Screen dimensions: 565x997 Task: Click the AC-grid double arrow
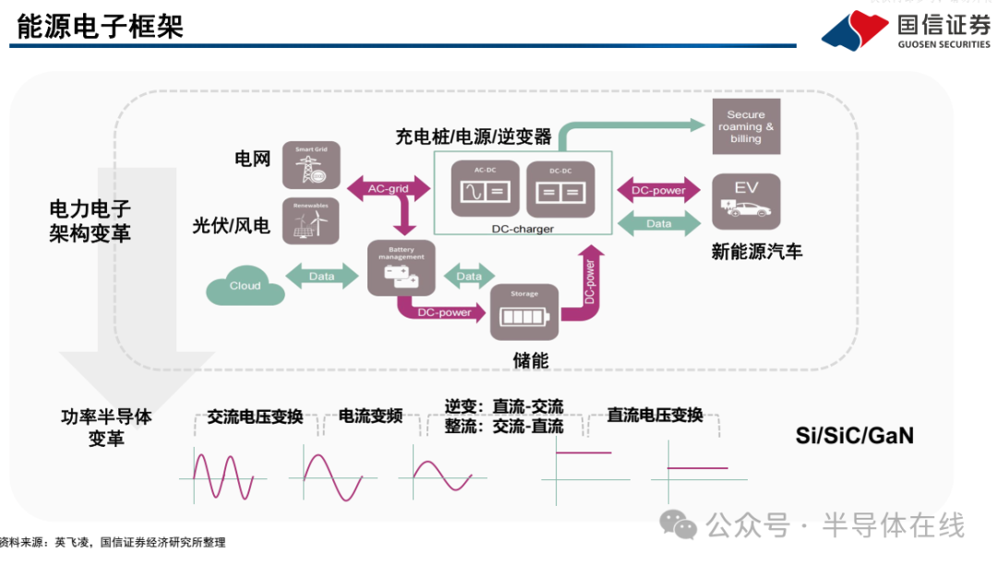(388, 189)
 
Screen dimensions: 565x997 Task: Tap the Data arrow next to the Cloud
(322, 276)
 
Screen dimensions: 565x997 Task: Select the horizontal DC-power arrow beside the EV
(657, 190)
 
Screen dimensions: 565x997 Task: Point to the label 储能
(531, 360)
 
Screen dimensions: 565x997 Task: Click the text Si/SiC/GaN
(854, 435)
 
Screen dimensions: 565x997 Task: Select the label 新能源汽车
(757, 251)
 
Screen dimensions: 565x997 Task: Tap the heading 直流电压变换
(655, 415)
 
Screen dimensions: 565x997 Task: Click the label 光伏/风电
(231, 225)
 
